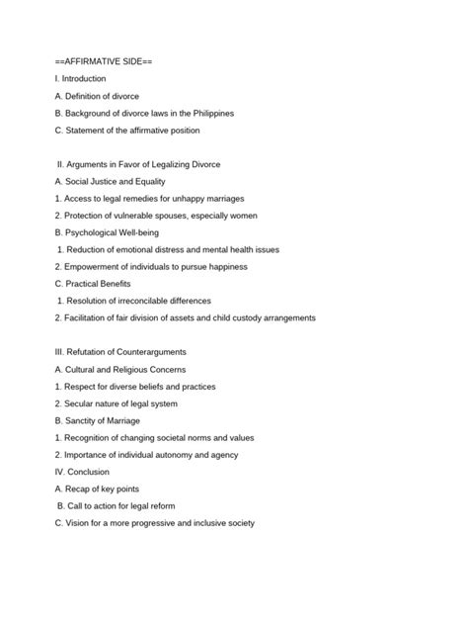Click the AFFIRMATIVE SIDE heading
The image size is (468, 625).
(x=104, y=61)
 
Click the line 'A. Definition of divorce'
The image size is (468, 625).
(x=98, y=96)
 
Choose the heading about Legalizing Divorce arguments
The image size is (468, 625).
(x=139, y=164)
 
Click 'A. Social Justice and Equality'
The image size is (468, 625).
(x=111, y=182)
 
